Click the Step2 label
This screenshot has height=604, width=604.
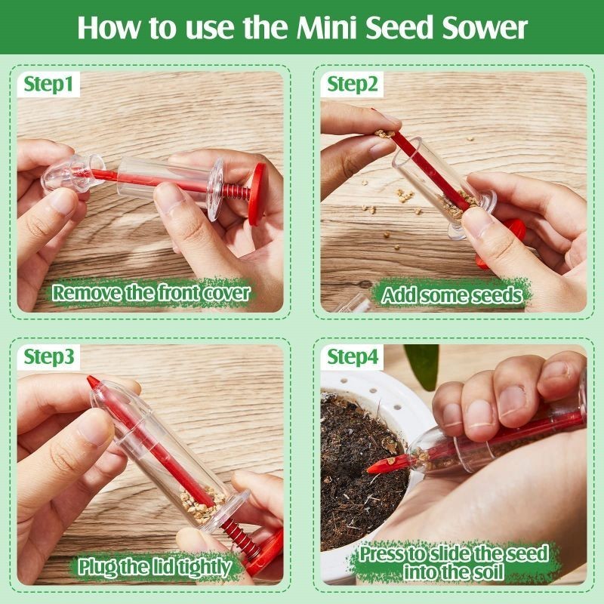click(353, 84)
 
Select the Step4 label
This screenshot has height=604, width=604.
click(353, 356)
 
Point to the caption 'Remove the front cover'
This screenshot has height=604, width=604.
click(150, 293)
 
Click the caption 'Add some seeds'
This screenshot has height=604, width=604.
click(451, 294)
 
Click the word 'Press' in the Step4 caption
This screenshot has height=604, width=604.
click(385, 553)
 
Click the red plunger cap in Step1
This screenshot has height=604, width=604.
click(257, 193)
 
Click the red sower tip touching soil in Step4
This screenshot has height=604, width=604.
click(377, 467)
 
